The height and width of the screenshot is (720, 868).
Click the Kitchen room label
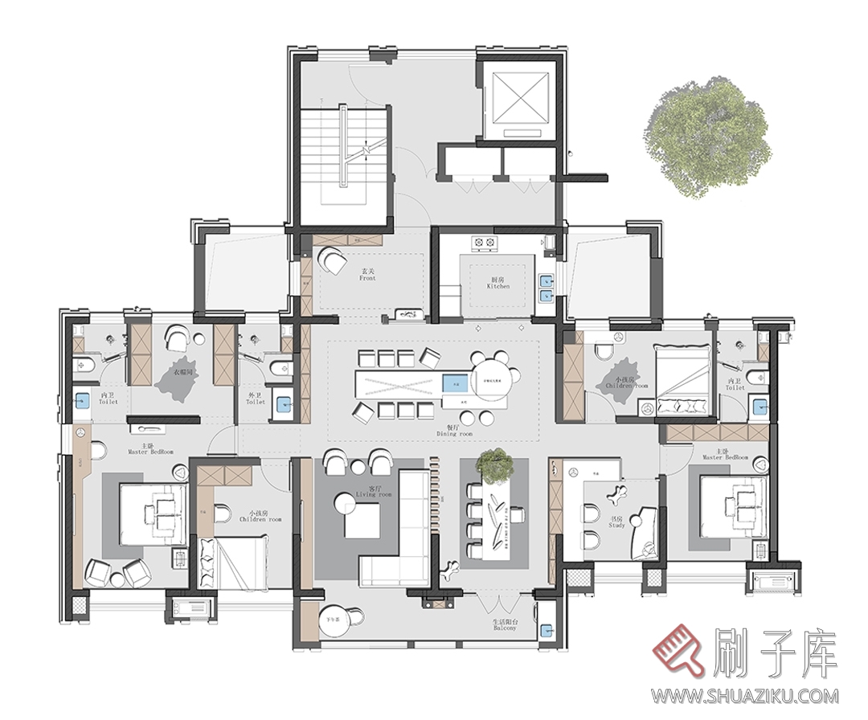coord(498,283)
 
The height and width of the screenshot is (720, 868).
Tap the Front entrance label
coord(367,276)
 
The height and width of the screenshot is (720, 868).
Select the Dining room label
coord(454,431)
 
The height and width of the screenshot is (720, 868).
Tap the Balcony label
coord(506,626)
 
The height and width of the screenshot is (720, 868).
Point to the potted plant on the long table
coord(493,465)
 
